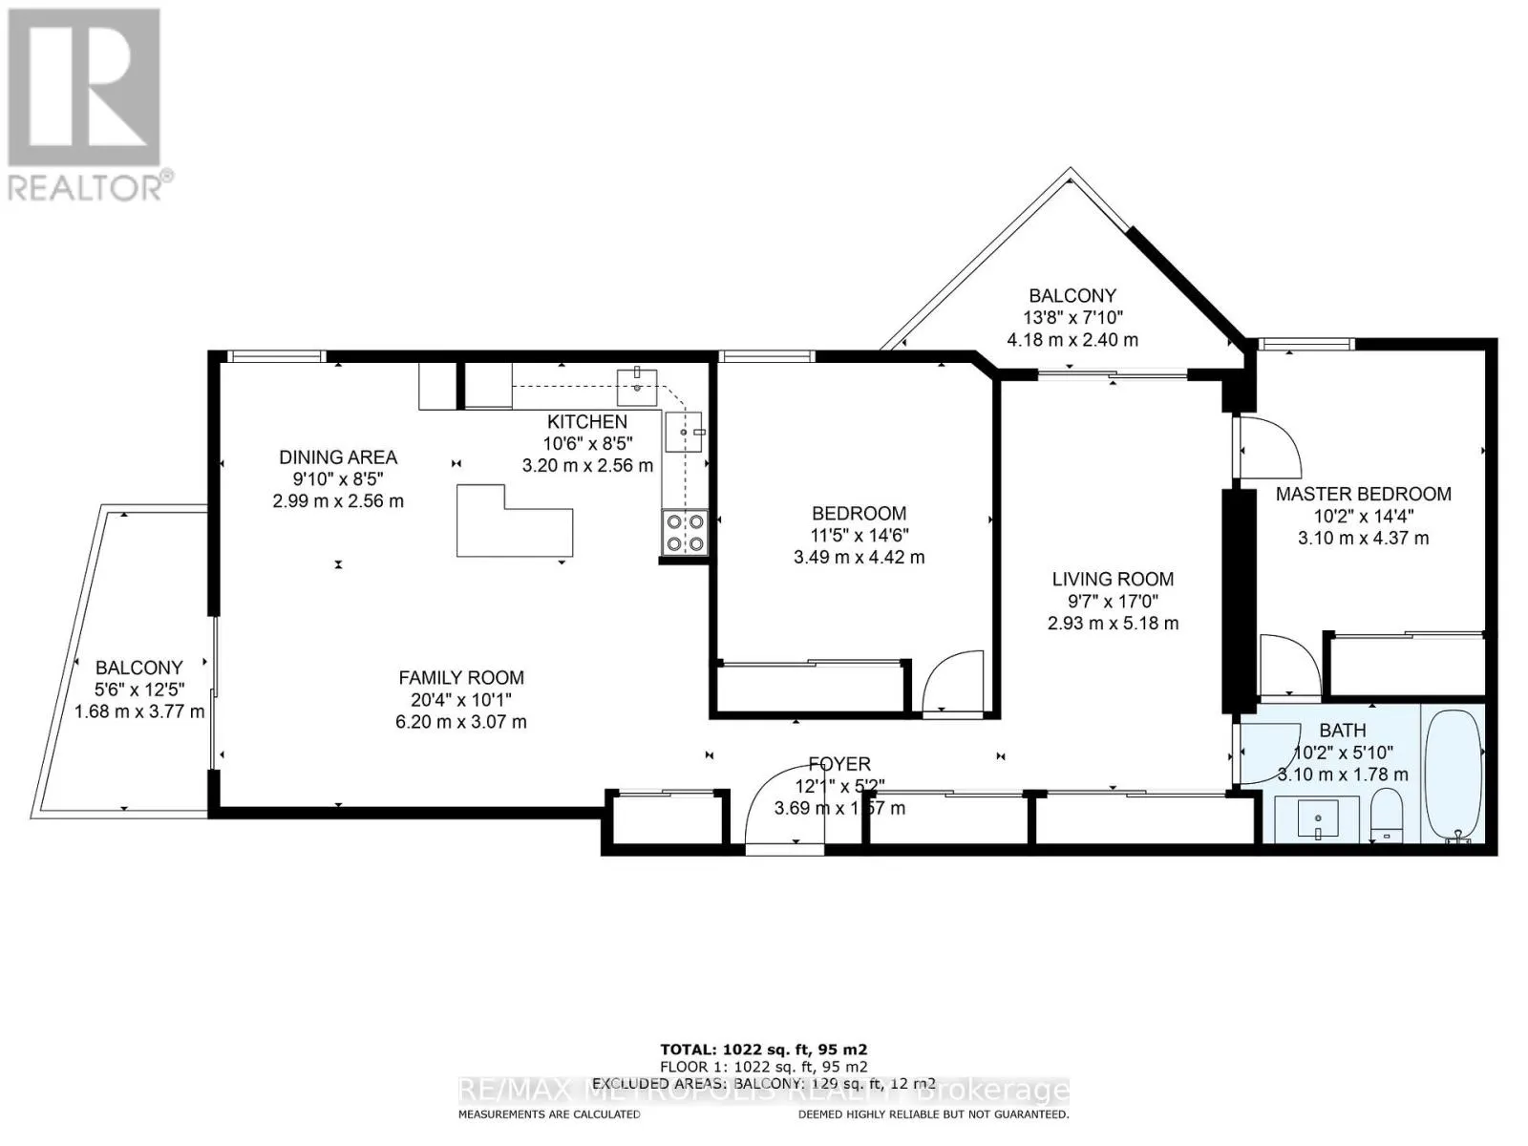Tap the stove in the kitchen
tap(685, 533)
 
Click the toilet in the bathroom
tap(1385, 815)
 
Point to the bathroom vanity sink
tap(1318, 819)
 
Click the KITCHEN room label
tap(587, 421)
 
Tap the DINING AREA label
tap(338, 457)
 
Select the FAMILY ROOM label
tap(461, 678)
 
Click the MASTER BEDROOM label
tap(1363, 494)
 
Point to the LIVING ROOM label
tap(1113, 579)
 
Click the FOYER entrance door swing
tap(783, 807)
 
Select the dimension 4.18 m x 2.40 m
tap(1072, 339)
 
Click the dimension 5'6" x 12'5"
tap(139, 689)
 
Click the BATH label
tap(1343, 731)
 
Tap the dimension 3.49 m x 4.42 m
tap(859, 557)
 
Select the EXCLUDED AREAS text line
tap(764, 1083)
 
